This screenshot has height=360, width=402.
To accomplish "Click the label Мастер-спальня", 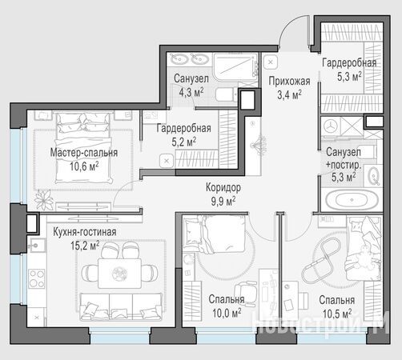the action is tap(84, 153).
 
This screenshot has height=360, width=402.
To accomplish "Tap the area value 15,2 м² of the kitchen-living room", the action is tap(85, 245).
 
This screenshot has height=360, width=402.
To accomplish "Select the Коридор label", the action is tap(223, 187).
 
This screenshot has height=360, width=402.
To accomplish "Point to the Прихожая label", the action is tap(289, 81).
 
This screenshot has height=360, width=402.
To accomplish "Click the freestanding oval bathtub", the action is tap(352, 200).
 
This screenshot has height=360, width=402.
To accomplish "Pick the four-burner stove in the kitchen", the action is tap(37, 278).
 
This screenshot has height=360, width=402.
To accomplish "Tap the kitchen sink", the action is tap(36, 245).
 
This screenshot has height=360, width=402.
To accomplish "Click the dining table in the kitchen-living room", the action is tap(119, 274).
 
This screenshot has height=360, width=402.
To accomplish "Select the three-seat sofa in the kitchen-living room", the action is tap(121, 307).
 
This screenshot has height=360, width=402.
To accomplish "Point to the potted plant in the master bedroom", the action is tap(44, 200).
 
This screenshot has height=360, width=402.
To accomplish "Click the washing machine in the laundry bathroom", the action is tap(331, 126).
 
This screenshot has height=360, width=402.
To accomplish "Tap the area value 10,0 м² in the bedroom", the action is tap(227, 313).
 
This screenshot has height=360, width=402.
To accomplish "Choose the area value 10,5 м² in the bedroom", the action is tap(337, 314).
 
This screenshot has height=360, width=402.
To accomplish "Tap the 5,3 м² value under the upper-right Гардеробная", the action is tap(349, 77).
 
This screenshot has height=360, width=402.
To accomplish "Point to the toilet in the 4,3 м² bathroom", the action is tap(226, 94).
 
